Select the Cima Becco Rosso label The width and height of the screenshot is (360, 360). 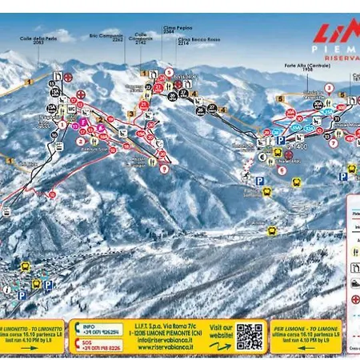click(182, 38)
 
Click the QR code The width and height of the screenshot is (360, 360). click(250, 336)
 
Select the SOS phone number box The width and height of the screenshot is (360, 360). click(98, 346)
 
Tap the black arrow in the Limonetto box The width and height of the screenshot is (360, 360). click(65, 336)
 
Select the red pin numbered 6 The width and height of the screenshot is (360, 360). click(281, 170)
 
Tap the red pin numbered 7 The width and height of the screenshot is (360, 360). click(164, 169)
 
